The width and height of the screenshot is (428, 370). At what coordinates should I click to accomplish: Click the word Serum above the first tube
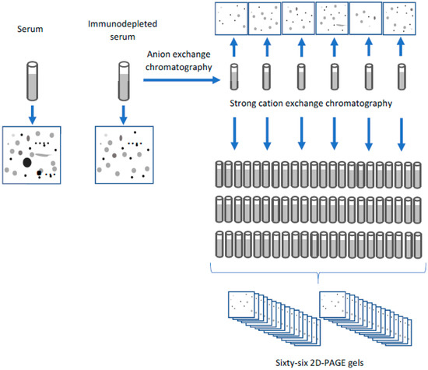[x=30, y=29]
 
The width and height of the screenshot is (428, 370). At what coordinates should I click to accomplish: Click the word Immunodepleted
[x=122, y=24]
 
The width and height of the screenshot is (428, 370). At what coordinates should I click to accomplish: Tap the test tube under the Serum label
[x=32, y=81]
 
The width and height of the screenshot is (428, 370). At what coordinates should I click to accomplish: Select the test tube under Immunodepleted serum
[x=124, y=81]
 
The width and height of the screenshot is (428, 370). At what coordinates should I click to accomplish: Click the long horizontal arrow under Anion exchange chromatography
[x=182, y=79]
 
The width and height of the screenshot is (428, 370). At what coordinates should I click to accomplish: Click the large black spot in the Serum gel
[x=27, y=162]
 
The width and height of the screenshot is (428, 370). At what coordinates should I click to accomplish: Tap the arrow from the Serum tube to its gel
[x=32, y=115]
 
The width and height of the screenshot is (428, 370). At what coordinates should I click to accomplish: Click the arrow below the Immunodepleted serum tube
[x=124, y=115]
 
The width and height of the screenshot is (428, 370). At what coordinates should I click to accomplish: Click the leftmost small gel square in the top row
[x=231, y=19]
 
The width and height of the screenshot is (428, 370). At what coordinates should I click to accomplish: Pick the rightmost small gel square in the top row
[x=399, y=19]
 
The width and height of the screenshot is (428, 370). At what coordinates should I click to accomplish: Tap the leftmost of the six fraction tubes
[x=234, y=77]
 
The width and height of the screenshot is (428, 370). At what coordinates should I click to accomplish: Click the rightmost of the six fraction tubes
[x=402, y=77]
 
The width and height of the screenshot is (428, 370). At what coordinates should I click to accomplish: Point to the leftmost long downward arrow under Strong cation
[x=234, y=134]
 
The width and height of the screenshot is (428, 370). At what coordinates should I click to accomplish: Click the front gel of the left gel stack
[x=241, y=305]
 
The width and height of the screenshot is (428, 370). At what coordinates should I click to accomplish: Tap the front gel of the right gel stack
[x=332, y=305]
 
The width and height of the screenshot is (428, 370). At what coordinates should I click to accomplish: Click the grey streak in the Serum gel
[x=43, y=155]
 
